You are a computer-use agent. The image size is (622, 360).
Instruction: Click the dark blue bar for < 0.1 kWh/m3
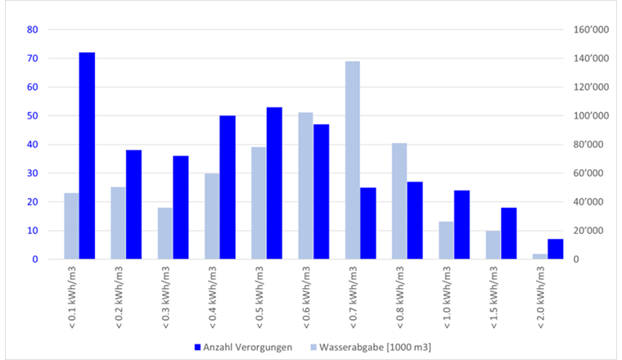coord(87,155)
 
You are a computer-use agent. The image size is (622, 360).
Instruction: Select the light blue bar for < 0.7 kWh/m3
coord(353,160)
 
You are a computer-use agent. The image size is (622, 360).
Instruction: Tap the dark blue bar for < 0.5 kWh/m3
coord(274,183)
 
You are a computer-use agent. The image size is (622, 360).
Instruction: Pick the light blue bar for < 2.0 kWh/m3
coord(539,256)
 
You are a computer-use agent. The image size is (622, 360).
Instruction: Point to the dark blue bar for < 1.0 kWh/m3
coord(462,225)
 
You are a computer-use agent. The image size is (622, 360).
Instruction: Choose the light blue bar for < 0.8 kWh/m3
coord(399,201)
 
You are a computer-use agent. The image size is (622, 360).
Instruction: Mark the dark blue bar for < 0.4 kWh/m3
coord(228,187)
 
